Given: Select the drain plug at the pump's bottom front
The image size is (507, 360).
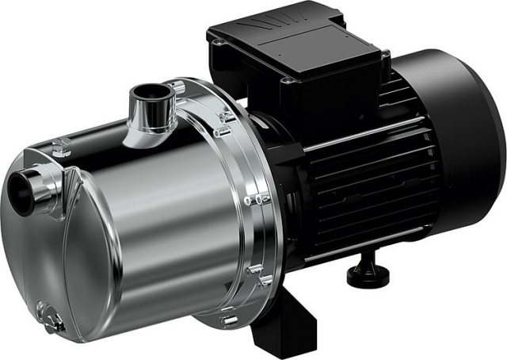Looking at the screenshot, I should coord(54,321).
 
